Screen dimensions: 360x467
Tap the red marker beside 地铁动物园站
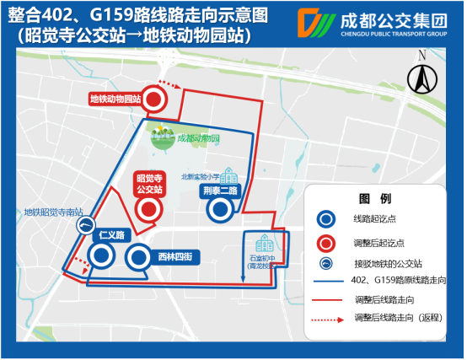154,99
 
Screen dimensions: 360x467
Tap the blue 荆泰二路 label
221,191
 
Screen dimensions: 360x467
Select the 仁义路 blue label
110,234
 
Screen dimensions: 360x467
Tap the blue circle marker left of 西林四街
138,256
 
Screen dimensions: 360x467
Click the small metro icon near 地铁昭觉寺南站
86,225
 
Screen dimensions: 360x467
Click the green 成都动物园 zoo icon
160,137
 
